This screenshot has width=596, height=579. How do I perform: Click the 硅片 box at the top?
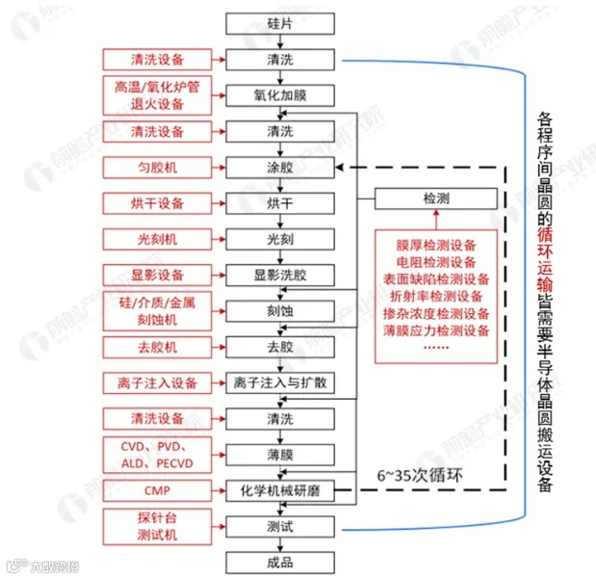[x=279, y=22]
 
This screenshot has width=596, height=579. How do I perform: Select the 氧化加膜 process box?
[x=279, y=95]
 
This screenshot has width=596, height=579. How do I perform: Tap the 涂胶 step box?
[x=279, y=168]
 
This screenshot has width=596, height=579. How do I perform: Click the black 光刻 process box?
[x=279, y=239]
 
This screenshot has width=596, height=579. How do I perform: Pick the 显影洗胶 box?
[x=279, y=276]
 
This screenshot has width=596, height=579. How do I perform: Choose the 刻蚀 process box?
[x=279, y=311]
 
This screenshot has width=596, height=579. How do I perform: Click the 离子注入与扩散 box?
[x=279, y=382]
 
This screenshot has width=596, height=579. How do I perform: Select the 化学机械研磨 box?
[x=279, y=491]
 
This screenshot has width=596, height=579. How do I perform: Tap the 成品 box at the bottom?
[x=279, y=563]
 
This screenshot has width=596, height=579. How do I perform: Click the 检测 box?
[x=436, y=199]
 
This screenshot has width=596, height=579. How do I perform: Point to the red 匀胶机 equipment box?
[x=158, y=168]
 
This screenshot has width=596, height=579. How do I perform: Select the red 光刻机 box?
[x=158, y=239]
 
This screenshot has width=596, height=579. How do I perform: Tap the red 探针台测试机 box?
[x=158, y=526]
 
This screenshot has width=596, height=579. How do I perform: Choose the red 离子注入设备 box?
[x=158, y=382]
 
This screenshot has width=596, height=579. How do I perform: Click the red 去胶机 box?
[x=158, y=347]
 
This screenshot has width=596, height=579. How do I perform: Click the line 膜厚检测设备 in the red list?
[x=436, y=245]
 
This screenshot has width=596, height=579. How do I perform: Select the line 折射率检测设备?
[x=436, y=297]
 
